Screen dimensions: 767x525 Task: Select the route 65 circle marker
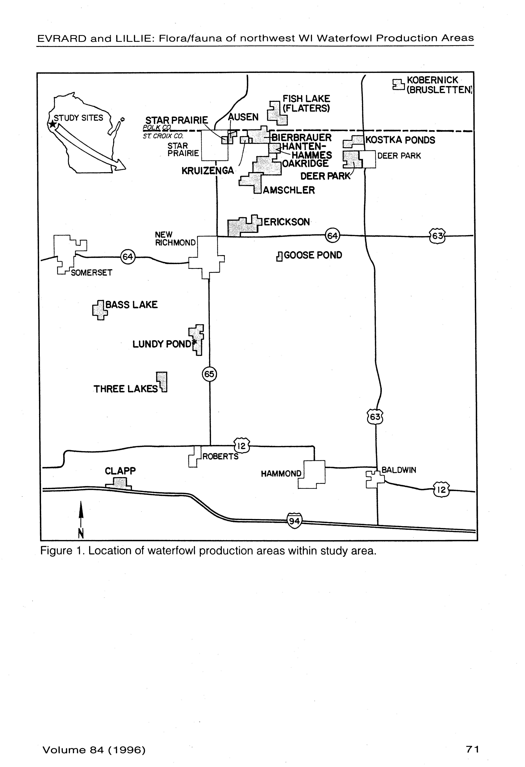[209, 374]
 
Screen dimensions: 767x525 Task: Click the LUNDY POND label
[162, 344]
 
